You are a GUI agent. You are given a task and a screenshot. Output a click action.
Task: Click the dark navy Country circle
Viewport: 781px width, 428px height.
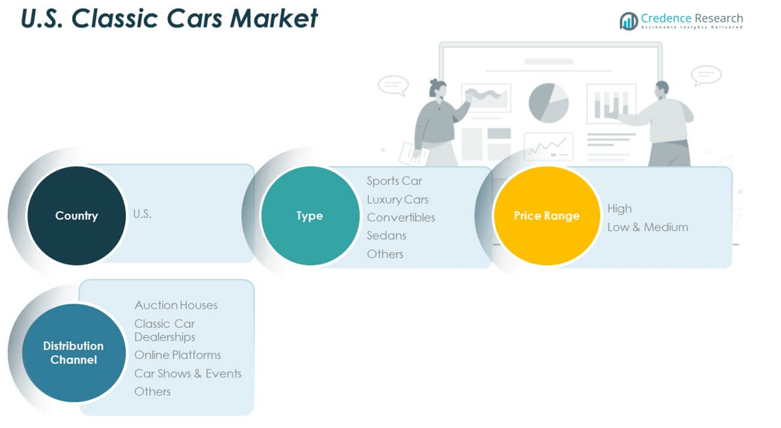(76, 215)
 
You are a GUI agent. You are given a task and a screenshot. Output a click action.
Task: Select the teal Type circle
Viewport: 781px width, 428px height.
(309, 215)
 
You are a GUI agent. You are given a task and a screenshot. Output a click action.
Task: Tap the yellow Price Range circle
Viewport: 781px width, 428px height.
(546, 215)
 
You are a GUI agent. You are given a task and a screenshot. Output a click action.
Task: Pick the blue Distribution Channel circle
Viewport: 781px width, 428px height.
(73, 353)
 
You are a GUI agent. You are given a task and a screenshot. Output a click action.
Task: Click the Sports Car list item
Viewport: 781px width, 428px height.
(394, 181)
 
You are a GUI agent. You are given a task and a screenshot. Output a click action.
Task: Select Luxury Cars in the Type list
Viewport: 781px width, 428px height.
(397, 199)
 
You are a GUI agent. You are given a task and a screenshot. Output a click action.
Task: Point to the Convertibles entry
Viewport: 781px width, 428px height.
(401, 218)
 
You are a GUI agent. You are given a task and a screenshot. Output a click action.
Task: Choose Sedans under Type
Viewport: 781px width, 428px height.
(386, 235)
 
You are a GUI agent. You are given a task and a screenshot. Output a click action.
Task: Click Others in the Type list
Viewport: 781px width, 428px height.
(385, 253)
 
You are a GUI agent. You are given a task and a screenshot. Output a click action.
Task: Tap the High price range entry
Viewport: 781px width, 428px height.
(619, 208)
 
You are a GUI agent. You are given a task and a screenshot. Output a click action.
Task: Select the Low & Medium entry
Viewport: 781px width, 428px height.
(647, 227)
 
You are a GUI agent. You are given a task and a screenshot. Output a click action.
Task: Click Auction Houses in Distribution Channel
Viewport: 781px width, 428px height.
(176, 305)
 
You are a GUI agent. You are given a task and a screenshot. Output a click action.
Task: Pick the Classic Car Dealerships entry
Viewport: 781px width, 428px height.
(164, 330)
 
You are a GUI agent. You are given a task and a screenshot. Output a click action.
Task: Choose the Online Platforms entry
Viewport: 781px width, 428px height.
(177, 355)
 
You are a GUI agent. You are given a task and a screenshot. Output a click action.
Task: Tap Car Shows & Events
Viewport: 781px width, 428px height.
(188, 373)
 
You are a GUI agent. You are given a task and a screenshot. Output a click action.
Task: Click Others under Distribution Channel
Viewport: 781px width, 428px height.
(152, 391)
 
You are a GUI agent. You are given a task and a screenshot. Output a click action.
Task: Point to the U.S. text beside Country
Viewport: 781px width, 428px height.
(142, 214)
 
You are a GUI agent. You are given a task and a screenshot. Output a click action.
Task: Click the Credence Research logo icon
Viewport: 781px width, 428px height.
(628, 21)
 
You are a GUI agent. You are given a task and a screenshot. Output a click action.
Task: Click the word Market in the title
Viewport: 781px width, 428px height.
(275, 19)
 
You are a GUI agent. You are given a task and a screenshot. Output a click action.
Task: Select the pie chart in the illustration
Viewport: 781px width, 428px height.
(548, 103)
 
